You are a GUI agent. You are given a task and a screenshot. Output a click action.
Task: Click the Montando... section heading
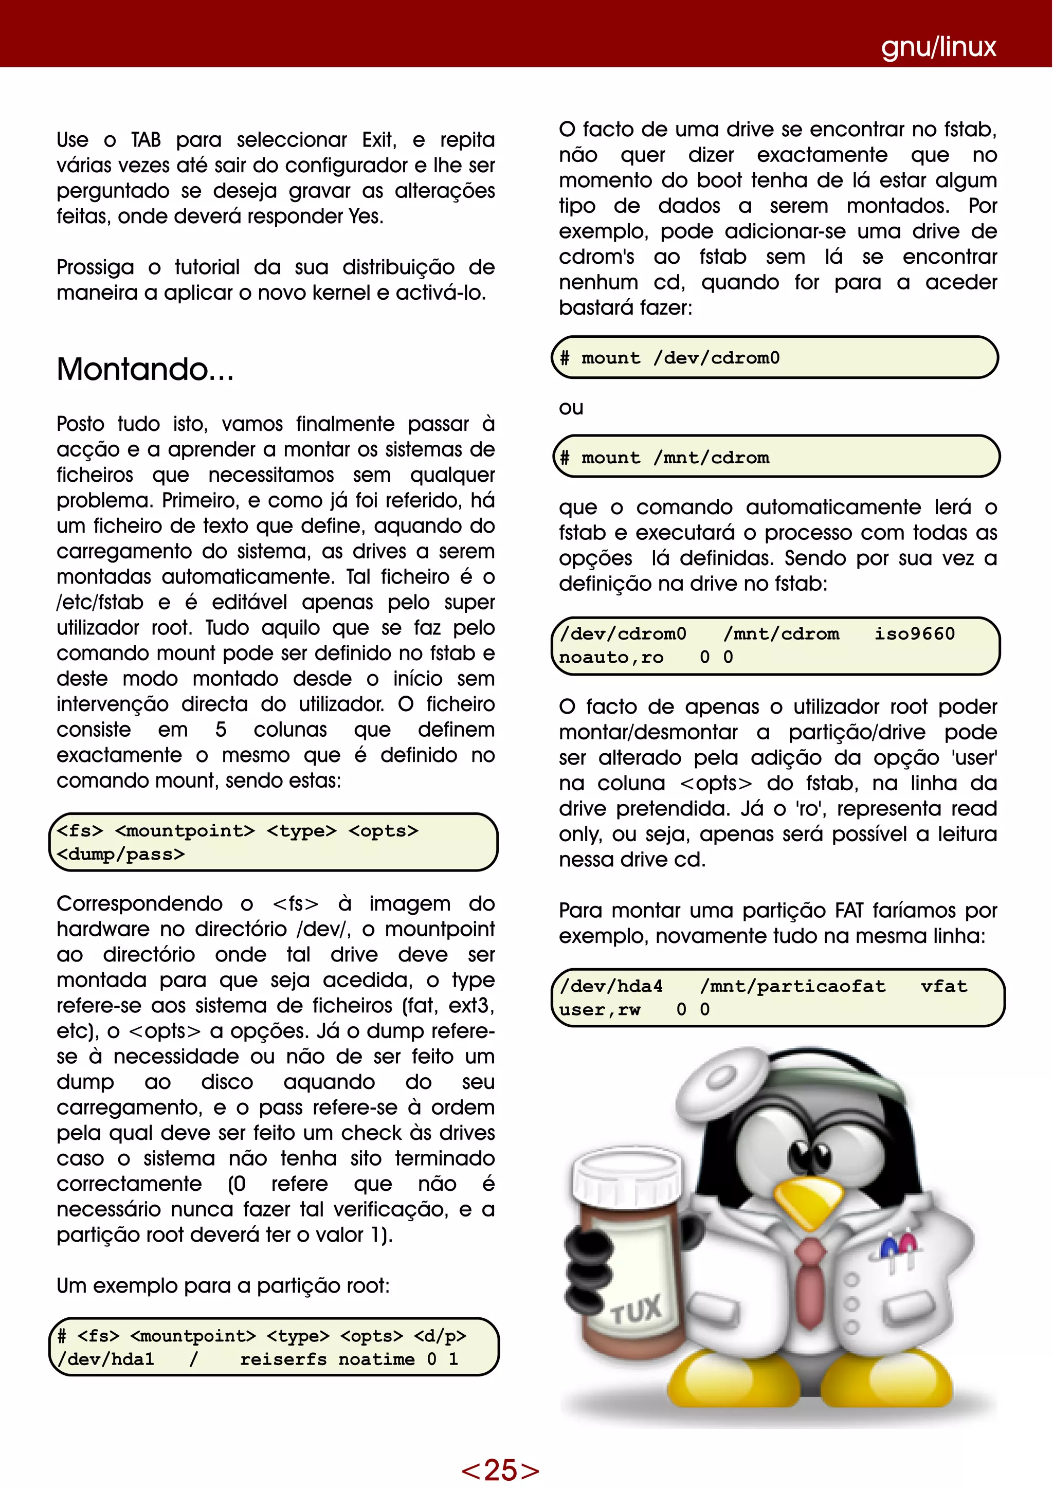(144, 369)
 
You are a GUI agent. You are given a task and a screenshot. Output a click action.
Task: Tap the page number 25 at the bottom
(500, 1469)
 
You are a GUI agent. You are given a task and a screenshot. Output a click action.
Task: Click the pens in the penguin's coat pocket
(899, 1248)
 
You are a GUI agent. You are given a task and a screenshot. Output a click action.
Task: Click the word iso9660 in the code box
(914, 633)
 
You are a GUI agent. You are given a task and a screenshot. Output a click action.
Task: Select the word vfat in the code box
(943, 986)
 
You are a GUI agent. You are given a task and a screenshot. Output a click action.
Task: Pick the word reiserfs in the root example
(283, 1359)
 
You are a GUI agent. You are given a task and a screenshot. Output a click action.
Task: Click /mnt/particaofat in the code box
(792, 986)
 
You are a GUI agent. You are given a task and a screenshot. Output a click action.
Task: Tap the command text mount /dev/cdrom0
(680, 358)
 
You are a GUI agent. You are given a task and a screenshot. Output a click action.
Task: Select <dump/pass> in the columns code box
(121, 854)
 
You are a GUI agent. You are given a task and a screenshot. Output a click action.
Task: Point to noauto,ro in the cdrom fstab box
(611, 657)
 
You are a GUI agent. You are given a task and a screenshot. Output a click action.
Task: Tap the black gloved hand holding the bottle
(589, 1258)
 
